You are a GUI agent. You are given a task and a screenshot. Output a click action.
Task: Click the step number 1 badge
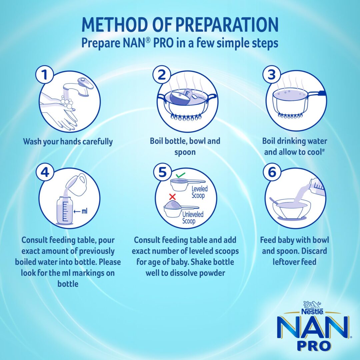(x=45, y=75)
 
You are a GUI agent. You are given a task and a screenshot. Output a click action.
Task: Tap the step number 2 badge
(x=162, y=75)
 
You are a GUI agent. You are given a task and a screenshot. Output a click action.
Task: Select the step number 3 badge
(x=272, y=75)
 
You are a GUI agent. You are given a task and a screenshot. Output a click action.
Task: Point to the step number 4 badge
(x=45, y=172)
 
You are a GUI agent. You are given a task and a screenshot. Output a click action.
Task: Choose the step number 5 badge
(x=162, y=172)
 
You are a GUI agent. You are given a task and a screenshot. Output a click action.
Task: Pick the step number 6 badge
(x=272, y=172)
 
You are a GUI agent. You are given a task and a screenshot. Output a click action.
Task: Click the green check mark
(x=180, y=175)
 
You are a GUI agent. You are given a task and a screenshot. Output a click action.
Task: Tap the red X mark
(x=172, y=197)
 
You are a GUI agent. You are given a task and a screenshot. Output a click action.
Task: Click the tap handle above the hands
(x=85, y=83)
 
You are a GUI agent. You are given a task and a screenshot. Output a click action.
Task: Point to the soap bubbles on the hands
(x=67, y=102)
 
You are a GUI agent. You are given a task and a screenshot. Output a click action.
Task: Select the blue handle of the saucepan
(x=322, y=93)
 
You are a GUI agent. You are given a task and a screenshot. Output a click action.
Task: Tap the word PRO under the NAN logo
(x=314, y=346)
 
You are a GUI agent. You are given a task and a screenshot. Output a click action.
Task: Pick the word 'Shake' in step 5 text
(x=201, y=262)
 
